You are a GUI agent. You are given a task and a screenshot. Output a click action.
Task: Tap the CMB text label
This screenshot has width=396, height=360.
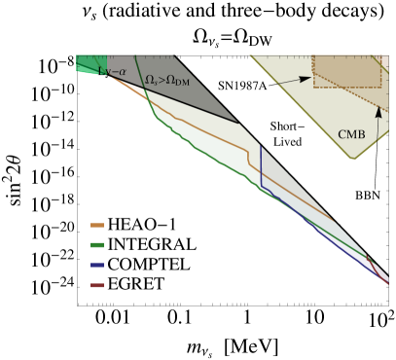350,134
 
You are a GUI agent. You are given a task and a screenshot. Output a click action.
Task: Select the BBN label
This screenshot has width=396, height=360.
369,196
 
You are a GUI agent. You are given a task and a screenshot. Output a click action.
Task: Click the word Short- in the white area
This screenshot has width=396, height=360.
287,126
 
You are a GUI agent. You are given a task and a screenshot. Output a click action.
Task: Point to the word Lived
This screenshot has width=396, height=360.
287,142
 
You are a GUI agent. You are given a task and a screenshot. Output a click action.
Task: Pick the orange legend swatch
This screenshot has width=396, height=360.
97,225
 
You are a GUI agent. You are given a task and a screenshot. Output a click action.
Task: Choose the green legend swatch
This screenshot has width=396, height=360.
97,244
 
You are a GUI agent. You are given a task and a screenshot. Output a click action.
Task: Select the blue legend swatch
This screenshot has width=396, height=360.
97,265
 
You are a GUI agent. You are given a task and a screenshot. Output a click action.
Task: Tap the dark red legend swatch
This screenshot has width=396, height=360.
97,285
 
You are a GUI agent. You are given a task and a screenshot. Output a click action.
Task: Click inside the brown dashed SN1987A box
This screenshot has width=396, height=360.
345,73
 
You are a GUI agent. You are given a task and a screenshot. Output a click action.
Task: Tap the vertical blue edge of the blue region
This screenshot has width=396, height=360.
261,165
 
